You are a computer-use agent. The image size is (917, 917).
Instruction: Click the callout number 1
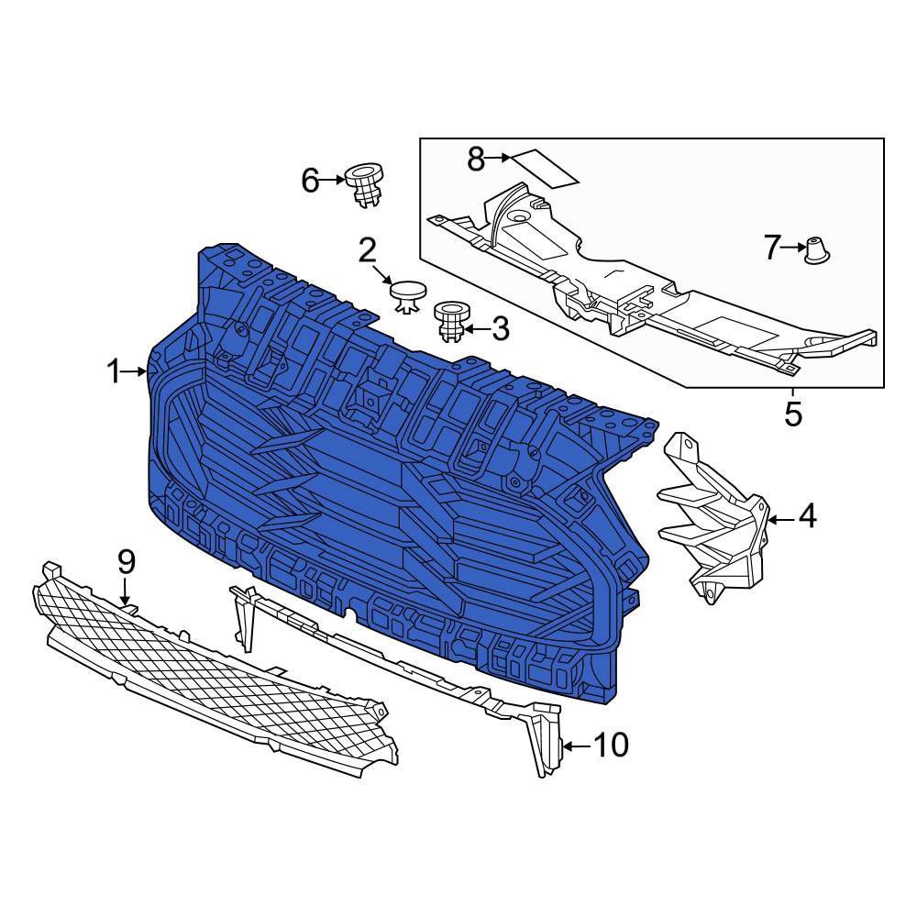tap(114, 371)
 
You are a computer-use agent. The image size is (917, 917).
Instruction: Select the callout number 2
tap(368, 249)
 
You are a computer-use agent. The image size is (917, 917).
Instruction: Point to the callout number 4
tap(807, 518)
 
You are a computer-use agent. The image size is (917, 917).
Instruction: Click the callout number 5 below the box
tap(793, 414)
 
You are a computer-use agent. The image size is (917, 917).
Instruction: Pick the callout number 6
tap(310, 181)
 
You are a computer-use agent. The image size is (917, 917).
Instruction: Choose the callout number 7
tap(771, 247)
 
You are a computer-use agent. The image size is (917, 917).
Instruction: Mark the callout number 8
tap(475, 159)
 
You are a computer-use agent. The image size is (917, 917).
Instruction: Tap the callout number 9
tap(126, 561)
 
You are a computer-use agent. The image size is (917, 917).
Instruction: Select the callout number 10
tap(610, 746)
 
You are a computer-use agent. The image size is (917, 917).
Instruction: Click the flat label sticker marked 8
tap(544, 167)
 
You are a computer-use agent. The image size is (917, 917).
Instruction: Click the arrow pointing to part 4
tap(780, 520)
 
